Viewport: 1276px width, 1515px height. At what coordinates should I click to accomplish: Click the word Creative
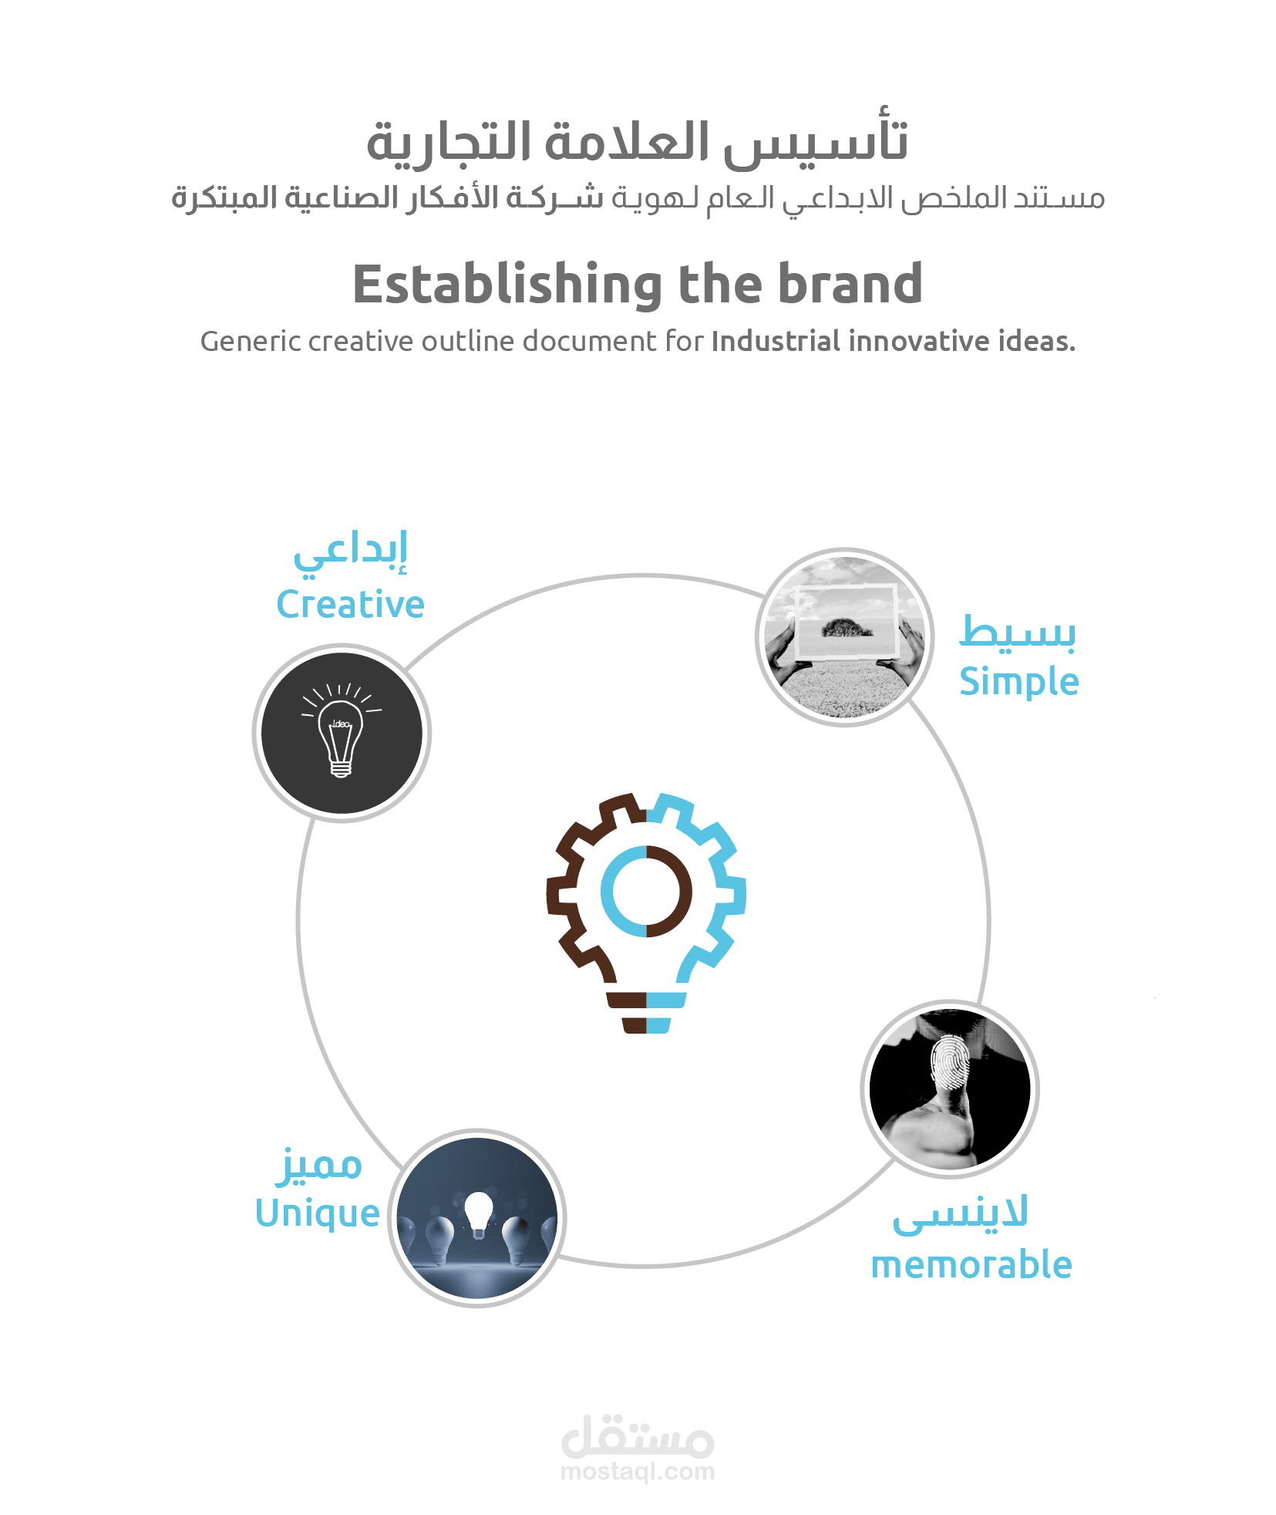(x=350, y=605)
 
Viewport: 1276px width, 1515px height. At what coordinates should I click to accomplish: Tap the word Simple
(x=1018, y=682)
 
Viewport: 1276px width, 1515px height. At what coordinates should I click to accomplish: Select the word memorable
(x=971, y=1266)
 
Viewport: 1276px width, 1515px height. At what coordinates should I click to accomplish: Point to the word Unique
(x=318, y=1214)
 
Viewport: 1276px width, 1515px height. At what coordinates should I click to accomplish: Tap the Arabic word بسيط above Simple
(x=1018, y=633)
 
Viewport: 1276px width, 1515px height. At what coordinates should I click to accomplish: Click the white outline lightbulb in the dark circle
(x=341, y=737)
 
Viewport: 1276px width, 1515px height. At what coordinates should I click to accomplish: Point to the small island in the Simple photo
(x=847, y=628)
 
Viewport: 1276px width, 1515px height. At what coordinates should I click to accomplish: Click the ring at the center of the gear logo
(x=646, y=892)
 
